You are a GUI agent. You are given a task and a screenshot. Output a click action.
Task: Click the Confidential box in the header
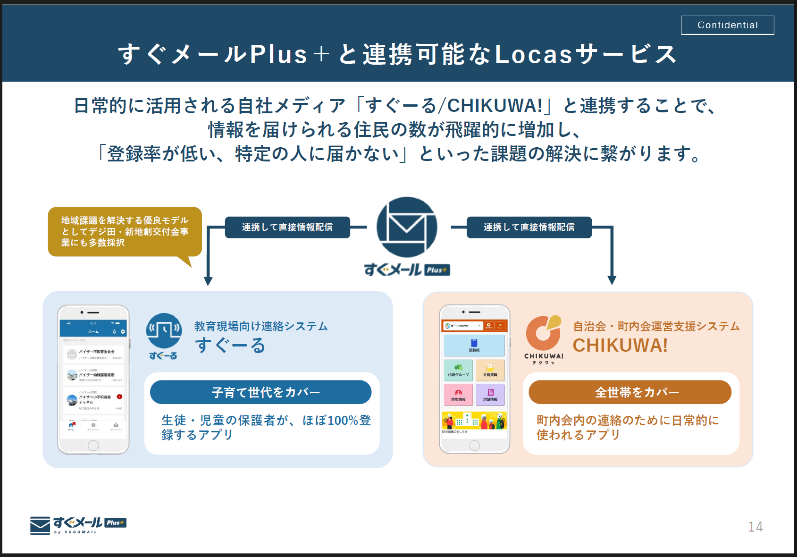pyautogui.click(x=727, y=25)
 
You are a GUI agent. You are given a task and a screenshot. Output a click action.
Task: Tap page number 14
pyautogui.click(x=755, y=527)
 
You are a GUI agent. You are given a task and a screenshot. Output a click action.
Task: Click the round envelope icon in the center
pyautogui.click(x=407, y=227)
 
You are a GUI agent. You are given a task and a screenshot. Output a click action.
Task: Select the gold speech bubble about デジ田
pyautogui.click(x=125, y=232)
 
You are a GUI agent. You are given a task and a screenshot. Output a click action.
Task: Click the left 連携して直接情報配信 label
pyautogui.click(x=287, y=227)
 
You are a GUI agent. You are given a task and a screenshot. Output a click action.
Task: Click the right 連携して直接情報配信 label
pyautogui.click(x=529, y=227)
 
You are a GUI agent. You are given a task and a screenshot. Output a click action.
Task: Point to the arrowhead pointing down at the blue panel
pyautogui.click(x=208, y=281)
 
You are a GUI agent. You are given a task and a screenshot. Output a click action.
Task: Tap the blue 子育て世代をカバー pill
pyautogui.click(x=260, y=392)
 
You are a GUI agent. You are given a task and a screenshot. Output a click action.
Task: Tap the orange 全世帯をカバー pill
pyautogui.click(x=630, y=392)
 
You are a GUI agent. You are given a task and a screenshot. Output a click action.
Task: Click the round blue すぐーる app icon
pyautogui.click(x=164, y=331)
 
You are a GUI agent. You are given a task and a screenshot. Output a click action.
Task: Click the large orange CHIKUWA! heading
pyautogui.click(x=620, y=346)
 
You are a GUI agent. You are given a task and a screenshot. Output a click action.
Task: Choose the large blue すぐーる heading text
pyautogui.click(x=230, y=346)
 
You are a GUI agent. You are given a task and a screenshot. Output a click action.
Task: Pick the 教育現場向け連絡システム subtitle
pyautogui.click(x=260, y=326)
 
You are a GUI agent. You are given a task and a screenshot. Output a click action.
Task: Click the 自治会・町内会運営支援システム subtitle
pyautogui.click(x=656, y=326)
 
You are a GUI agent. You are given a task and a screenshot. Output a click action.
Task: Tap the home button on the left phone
pyautogui.click(x=93, y=445)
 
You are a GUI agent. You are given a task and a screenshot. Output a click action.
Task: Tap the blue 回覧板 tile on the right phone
pyautogui.click(x=474, y=345)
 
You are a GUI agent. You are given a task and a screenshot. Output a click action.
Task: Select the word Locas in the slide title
pyautogui.click(x=533, y=54)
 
